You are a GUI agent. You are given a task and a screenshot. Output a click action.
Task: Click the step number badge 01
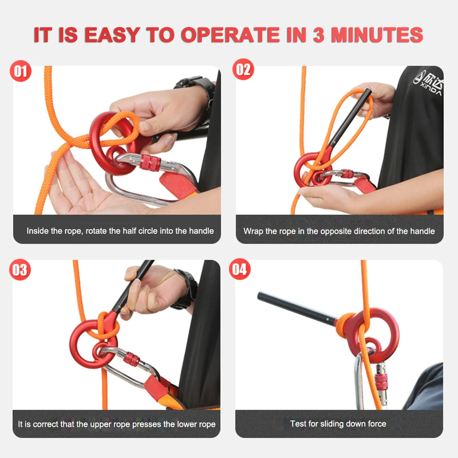click(21, 71)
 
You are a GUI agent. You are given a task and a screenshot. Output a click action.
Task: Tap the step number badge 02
click(243, 70)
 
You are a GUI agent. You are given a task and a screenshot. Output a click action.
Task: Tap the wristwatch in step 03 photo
click(188, 288)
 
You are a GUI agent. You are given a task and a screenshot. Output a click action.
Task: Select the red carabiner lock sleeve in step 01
click(151, 163)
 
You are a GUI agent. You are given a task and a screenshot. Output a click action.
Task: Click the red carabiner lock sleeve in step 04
click(380, 382)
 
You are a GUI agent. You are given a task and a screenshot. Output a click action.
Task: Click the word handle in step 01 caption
click(202, 231)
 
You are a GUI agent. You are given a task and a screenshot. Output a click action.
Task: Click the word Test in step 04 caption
click(298, 424)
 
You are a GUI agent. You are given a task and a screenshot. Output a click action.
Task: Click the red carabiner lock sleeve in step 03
click(132, 359)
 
